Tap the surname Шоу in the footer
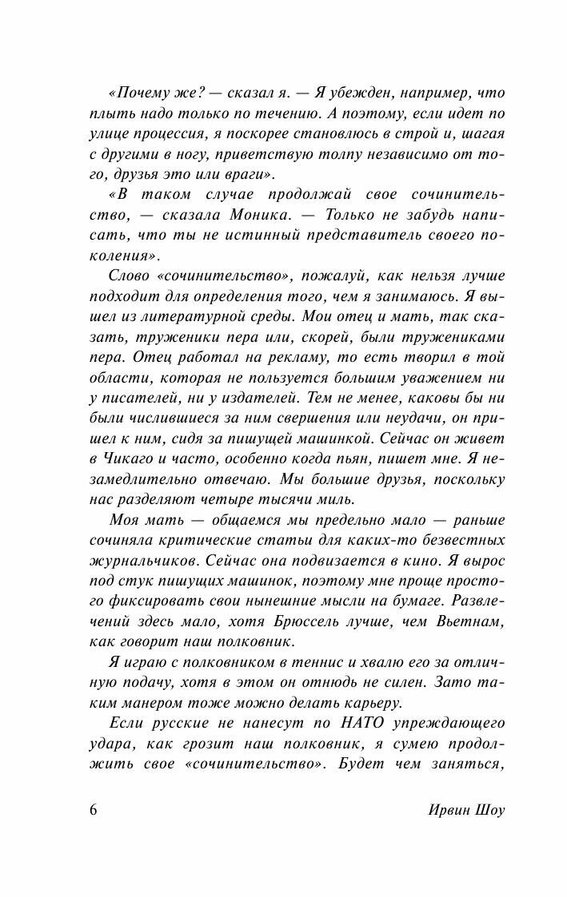(489, 811)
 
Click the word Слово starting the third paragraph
(126, 276)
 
